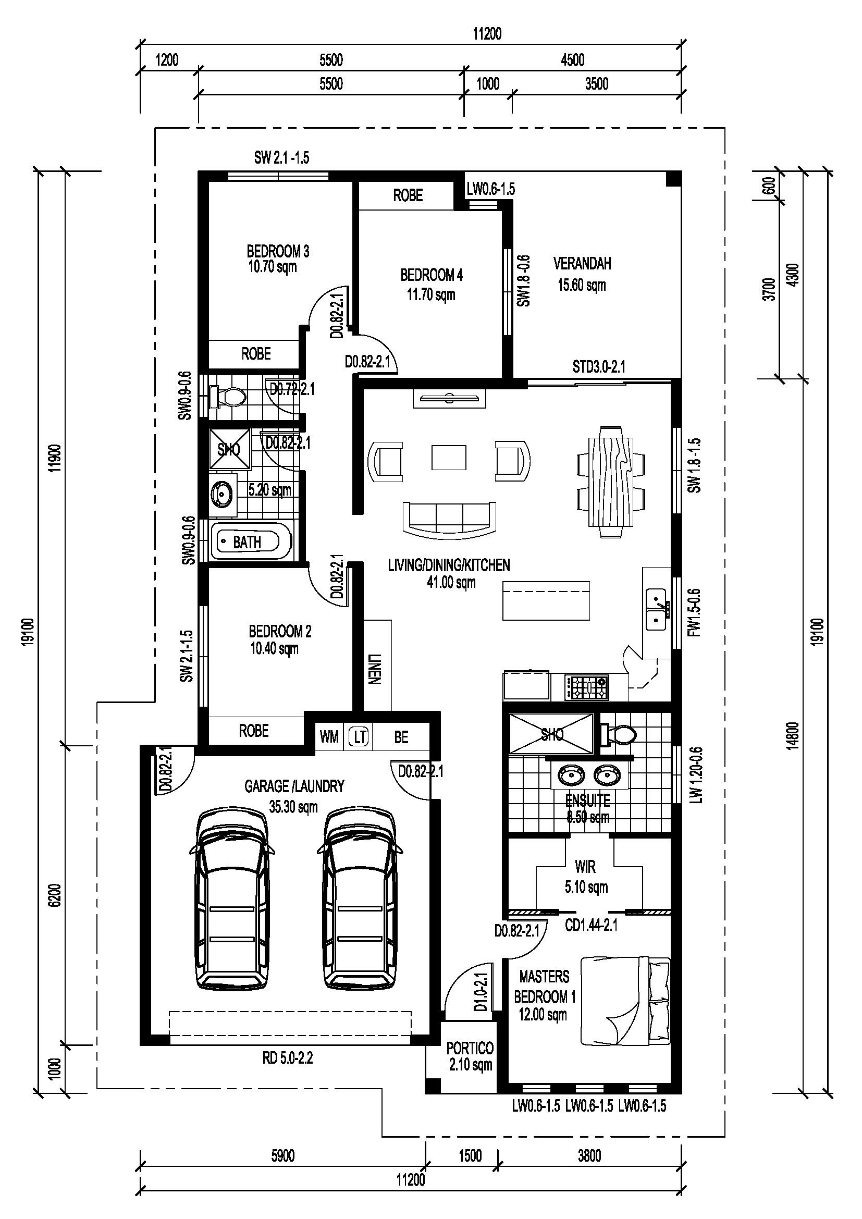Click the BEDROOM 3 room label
pyautogui.click(x=278, y=251)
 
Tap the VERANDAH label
pyautogui.click(x=582, y=263)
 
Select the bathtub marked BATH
pyautogui.click(x=251, y=541)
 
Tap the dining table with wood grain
pyautogui.click(x=611, y=482)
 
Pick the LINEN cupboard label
pyautogui.click(x=374, y=669)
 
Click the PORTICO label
pyautogui.click(x=470, y=1048)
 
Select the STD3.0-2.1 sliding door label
pyautogui.click(x=599, y=366)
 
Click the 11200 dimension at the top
pyautogui.click(x=487, y=34)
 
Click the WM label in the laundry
pyautogui.click(x=329, y=737)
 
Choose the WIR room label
pyautogui.click(x=585, y=867)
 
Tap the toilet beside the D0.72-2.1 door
pyautogui.click(x=228, y=397)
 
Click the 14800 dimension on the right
pyautogui.click(x=792, y=735)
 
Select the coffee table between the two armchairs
pyautogui.click(x=449, y=457)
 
